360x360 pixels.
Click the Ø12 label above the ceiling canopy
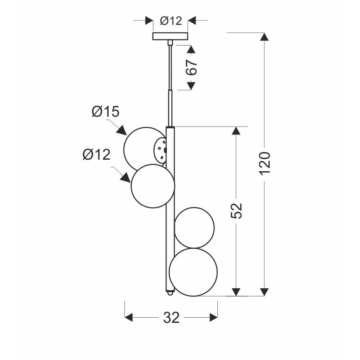click(x=171, y=21)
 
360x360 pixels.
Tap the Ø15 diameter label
click(x=105, y=112)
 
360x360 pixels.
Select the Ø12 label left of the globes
click(x=97, y=155)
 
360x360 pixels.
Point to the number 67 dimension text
click(x=191, y=67)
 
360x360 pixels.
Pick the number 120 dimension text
click(x=264, y=163)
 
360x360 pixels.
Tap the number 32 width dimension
click(x=171, y=318)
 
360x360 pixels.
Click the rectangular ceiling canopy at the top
click(x=170, y=36)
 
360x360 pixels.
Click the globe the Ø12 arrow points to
click(x=152, y=186)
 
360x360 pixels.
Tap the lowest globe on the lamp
click(x=193, y=272)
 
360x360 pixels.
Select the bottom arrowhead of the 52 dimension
click(x=236, y=292)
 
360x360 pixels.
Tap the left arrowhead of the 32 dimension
click(x=129, y=318)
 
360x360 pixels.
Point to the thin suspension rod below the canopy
click(x=169, y=66)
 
